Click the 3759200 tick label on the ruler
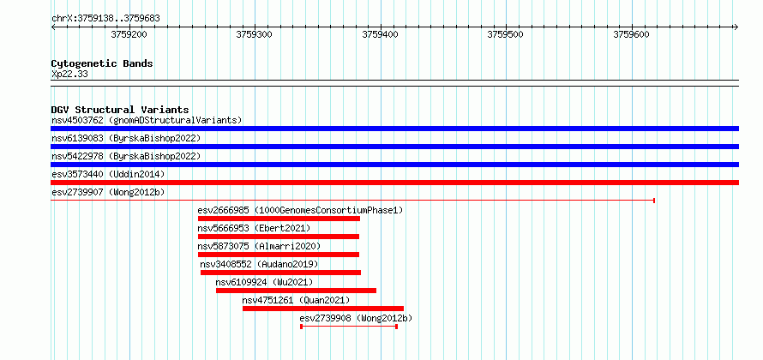click(129, 34)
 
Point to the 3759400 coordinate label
click(380, 34)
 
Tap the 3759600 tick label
click(631, 34)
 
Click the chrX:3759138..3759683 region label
click(105, 19)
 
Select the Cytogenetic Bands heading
click(102, 63)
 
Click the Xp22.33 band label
click(69, 75)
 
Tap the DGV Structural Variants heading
click(120, 110)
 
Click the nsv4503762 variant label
click(77, 120)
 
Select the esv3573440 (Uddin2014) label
click(108, 174)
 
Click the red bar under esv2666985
click(279, 219)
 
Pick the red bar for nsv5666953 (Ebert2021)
click(279, 237)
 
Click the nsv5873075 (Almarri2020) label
click(260, 246)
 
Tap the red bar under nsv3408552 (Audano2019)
click(281, 273)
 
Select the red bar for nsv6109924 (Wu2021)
click(296, 291)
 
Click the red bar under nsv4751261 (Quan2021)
click(323, 309)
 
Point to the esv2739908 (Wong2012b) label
click(356, 319)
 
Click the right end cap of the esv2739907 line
click(654, 201)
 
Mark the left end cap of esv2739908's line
click(301, 327)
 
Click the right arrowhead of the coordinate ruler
click(736, 27)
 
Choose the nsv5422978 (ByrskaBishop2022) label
click(126, 156)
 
